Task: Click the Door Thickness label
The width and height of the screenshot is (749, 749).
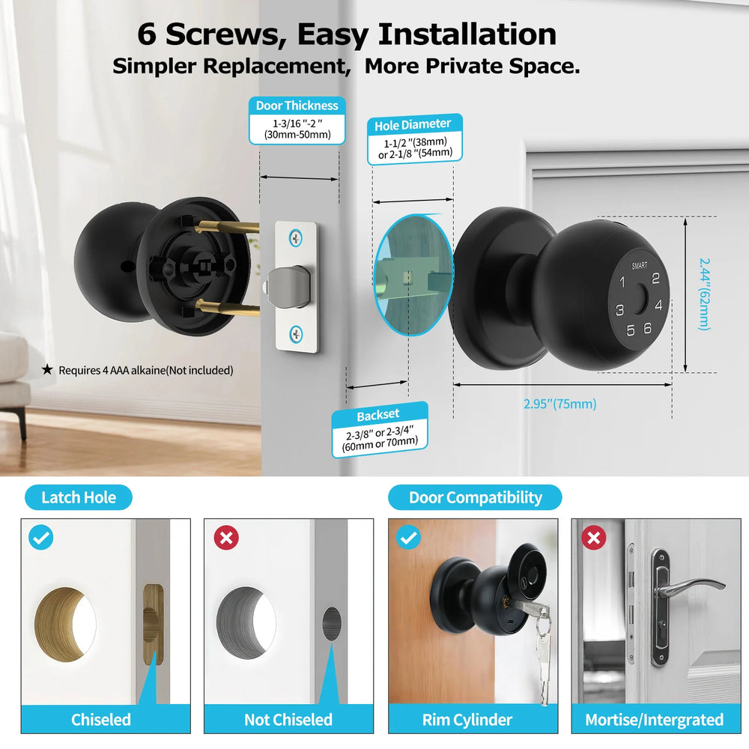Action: click(x=297, y=106)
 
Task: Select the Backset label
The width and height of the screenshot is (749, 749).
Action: click(x=378, y=414)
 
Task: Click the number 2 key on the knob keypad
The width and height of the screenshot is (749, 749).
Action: click(x=655, y=279)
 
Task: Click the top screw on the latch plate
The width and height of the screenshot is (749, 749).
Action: click(x=297, y=239)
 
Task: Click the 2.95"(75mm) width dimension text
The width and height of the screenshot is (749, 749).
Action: click(x=560, y=404)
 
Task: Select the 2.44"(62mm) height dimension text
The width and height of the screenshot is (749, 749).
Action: click(x=704, y=294)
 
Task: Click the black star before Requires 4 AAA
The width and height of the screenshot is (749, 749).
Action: click(x=48, y=369)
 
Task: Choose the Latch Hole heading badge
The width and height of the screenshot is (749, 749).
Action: click(x=78, y=497)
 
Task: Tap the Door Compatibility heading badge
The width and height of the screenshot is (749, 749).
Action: click(x=475, y=497)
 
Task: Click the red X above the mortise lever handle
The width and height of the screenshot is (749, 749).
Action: click(x=593, y=537)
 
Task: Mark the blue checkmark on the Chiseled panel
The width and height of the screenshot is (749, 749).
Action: click(x=40, y=537)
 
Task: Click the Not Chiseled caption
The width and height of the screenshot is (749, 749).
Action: click(x=288, y=720)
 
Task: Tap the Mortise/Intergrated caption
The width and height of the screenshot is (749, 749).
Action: click(x=654, y=720)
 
